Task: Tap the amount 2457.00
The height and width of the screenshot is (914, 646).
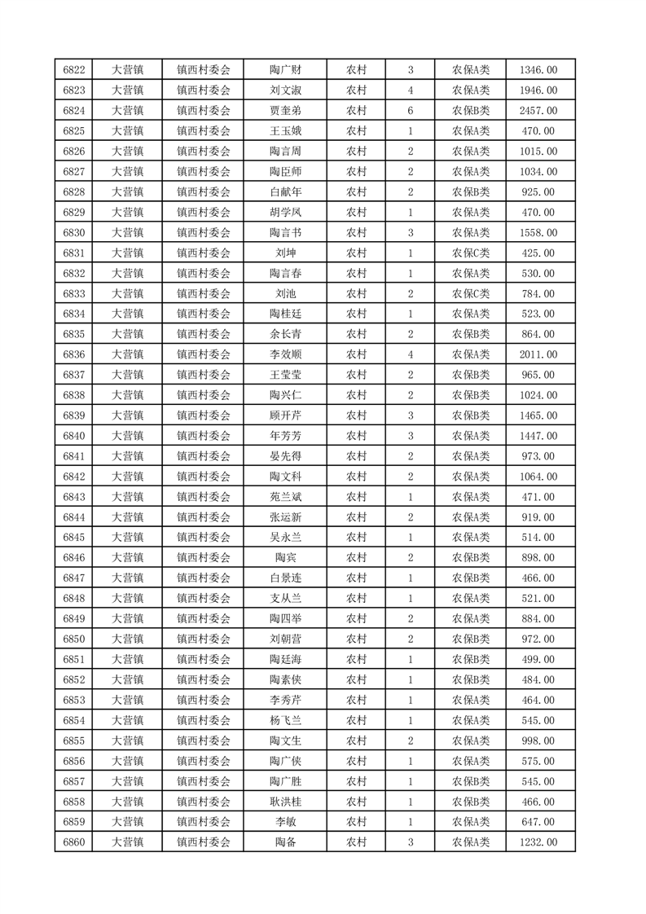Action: point(538,111)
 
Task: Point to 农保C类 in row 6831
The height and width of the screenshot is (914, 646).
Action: point(471,253)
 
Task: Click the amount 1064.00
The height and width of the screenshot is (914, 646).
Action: point(538,477)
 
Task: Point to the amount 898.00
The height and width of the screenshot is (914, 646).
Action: point(538,557)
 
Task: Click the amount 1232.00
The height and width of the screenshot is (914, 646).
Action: point(538,841)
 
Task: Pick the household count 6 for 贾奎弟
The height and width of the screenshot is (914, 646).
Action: point(411,111)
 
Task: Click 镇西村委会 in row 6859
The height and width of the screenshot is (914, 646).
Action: point(204,822)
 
